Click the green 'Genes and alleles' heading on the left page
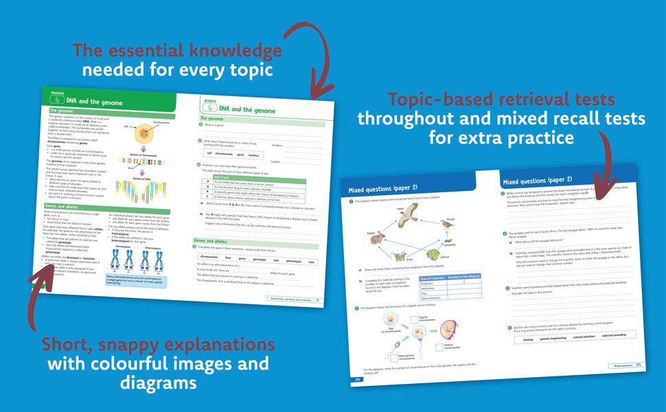62,206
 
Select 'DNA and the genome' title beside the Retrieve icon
248,108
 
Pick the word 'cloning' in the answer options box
527,339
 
